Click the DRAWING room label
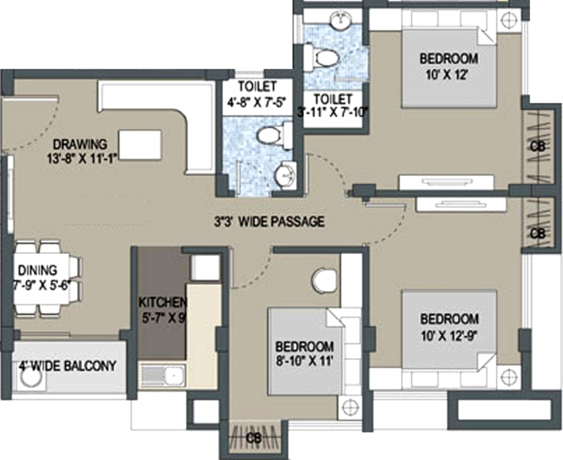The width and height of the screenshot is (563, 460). (80, 144)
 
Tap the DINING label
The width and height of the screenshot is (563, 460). (37, 270)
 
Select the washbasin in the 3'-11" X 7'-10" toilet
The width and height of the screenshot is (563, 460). (340, 20)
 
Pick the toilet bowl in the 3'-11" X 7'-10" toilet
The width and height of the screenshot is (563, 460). (324, 58)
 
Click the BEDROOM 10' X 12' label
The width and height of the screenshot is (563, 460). (449, 59)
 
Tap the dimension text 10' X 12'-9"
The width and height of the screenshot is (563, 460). (449, 334)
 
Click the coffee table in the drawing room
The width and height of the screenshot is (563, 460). (140, 144)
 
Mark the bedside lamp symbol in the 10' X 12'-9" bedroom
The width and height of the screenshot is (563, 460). (508, 377)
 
